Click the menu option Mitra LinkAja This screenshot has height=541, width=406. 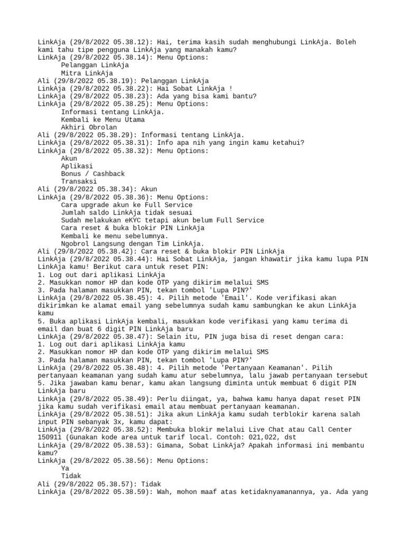[x=87, y=73]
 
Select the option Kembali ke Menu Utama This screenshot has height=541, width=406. [x=103, y=119]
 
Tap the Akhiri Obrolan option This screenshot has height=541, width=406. [x=89, y=127]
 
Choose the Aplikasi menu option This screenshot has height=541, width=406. [x=77, y=166]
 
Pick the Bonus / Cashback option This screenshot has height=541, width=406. [x=93, y=174]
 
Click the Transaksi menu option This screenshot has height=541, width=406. [x=79, y=181]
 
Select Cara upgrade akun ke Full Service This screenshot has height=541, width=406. [x=126, y=204]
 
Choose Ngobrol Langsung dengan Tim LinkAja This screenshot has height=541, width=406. [x=132, y=243]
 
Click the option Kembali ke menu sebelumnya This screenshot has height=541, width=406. [x=114, y=236]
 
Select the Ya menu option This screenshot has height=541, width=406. [x=65, y=468]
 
